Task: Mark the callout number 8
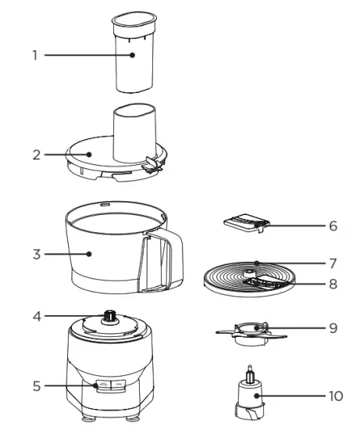(x=333, y=285)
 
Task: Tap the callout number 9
(x=333, y=328)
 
